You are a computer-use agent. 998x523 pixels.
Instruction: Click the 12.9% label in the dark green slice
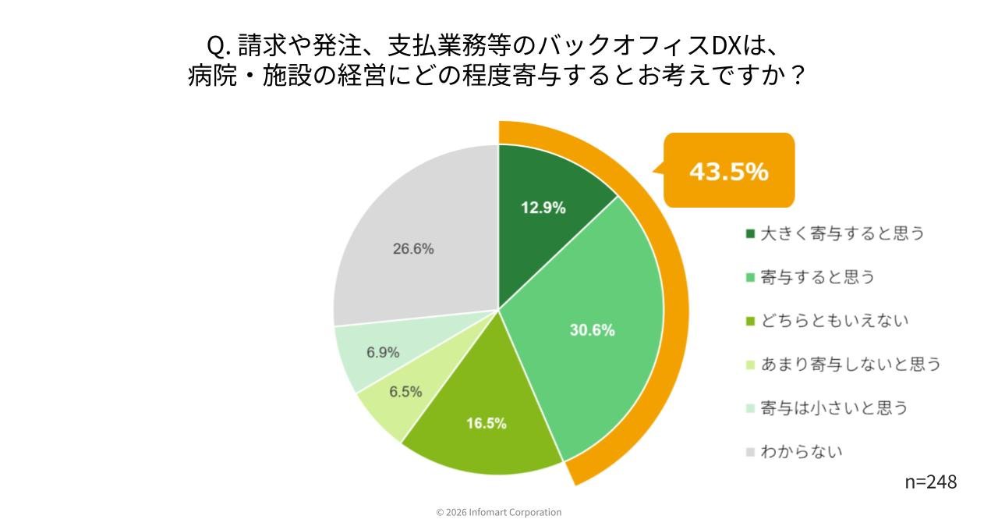click(543, 208)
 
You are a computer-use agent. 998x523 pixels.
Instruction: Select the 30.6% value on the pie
click(592, 330)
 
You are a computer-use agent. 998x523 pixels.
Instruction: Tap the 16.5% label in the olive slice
click(487, 424)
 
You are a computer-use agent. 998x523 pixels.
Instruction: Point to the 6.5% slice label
click(405, 392)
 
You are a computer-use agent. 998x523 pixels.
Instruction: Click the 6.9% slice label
click(383, 352)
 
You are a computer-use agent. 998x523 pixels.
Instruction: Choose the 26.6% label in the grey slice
click(413, 249)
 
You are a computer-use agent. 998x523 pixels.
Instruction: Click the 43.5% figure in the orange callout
click(728, 172)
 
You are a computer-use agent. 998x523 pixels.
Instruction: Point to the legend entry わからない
click(802, 452)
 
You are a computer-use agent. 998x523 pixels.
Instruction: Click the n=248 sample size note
click(930, 482)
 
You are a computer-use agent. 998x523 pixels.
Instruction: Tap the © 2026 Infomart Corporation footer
click(499, 513)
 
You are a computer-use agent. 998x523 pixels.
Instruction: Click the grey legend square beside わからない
click(750, 452)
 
